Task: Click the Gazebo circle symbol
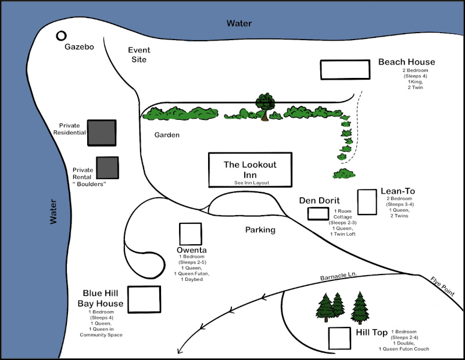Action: tap(61, 36)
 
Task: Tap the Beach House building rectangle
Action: tap(345, 69)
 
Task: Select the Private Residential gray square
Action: tap(102, 133)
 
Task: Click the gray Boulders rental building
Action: tap(108, 167)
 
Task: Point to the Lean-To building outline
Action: tap(367, 202)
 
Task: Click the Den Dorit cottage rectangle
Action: tap(318, 213)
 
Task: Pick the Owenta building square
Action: tap(191, 234)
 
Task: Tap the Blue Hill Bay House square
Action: tap(144, 299)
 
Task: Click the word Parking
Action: tap(260, 230)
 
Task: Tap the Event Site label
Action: tap(139, 55)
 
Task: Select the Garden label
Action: tap(167, 135)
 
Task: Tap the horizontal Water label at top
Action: tap(239, 23)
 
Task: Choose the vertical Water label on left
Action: tap(53, 212)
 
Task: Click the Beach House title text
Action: tap(406, 62)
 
